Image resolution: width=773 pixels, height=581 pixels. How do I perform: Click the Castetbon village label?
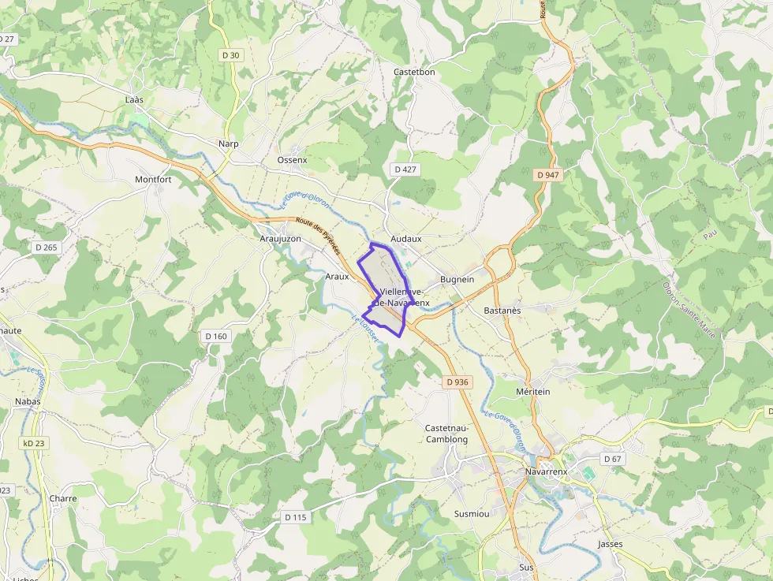(414, 72)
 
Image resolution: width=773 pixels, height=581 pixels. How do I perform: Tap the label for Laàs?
(135, 100)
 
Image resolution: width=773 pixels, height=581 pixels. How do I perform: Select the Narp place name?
(229, 143)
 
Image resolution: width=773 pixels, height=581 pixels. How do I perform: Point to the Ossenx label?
(292, 159)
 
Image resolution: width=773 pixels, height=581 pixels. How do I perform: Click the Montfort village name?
(153, 179)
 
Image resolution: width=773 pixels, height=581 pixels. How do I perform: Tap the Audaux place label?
(406, 238)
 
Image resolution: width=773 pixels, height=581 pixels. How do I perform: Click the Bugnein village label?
(457, 279)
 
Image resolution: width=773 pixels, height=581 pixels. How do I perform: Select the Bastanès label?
(502, 311)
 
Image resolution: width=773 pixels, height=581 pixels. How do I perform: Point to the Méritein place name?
(532, 391)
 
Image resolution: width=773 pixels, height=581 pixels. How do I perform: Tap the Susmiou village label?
(472, 513)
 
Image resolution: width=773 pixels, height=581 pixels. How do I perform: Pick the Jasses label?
(611, 544)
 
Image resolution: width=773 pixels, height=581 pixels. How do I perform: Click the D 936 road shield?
(457, 382)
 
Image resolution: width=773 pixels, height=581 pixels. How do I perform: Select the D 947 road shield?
(547, 175)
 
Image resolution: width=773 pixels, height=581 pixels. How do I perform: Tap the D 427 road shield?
(405, 169)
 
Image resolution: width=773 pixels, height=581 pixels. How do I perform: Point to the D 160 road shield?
(215, 336)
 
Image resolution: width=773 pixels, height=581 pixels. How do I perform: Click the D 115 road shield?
(294, 517)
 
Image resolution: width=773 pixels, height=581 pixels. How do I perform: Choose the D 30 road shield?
(230, 54)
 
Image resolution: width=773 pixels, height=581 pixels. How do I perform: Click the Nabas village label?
(28, 401)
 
